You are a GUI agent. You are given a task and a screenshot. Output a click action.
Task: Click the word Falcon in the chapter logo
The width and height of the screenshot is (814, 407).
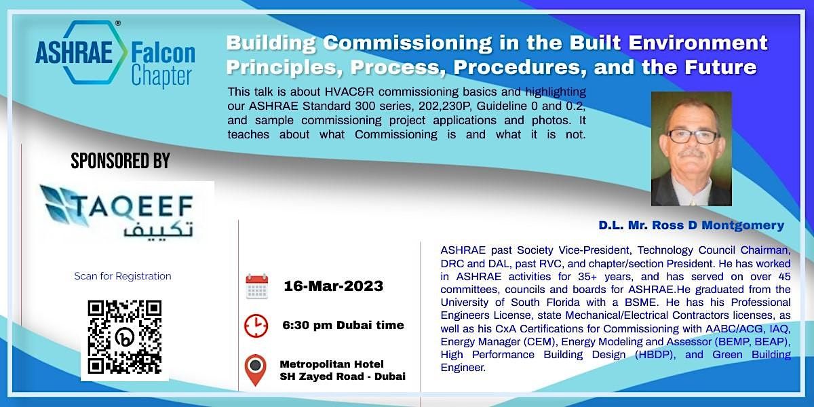tap(163, 54)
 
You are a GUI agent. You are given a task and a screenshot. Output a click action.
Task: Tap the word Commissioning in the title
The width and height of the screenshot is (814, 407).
tap(408, 43)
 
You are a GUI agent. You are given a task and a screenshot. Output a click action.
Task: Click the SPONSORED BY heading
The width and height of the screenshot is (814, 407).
tap(120, 161)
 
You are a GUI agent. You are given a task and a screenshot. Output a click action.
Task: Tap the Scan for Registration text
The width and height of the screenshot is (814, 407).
tap(123, 276)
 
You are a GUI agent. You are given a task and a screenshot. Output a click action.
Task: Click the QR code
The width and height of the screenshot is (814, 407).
tap(125, 337)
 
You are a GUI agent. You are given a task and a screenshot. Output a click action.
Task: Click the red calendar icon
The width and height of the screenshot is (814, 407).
tap(257, 287)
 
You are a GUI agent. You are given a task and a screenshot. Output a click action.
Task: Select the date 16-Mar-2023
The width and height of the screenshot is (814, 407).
tap(333, 286)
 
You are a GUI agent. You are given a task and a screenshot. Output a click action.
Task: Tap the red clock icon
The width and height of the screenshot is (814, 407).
tap(256, 326)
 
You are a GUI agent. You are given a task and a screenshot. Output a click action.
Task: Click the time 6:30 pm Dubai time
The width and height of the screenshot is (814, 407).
tap(343, 325)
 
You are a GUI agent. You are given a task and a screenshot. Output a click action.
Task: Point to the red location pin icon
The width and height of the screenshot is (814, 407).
tap(256, 370)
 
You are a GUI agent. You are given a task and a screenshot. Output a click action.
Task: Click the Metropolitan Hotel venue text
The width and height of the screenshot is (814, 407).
tap(332, 364)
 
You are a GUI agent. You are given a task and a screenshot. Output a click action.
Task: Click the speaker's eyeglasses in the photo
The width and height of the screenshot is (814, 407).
tap(692, 136)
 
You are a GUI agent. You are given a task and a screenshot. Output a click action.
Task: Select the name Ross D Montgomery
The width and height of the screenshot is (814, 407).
tap(718, 225)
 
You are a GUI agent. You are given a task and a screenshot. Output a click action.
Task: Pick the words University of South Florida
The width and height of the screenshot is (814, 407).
tap(528, 303)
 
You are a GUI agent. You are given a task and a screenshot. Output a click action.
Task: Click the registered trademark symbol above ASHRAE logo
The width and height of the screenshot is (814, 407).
tap(118, 23)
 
